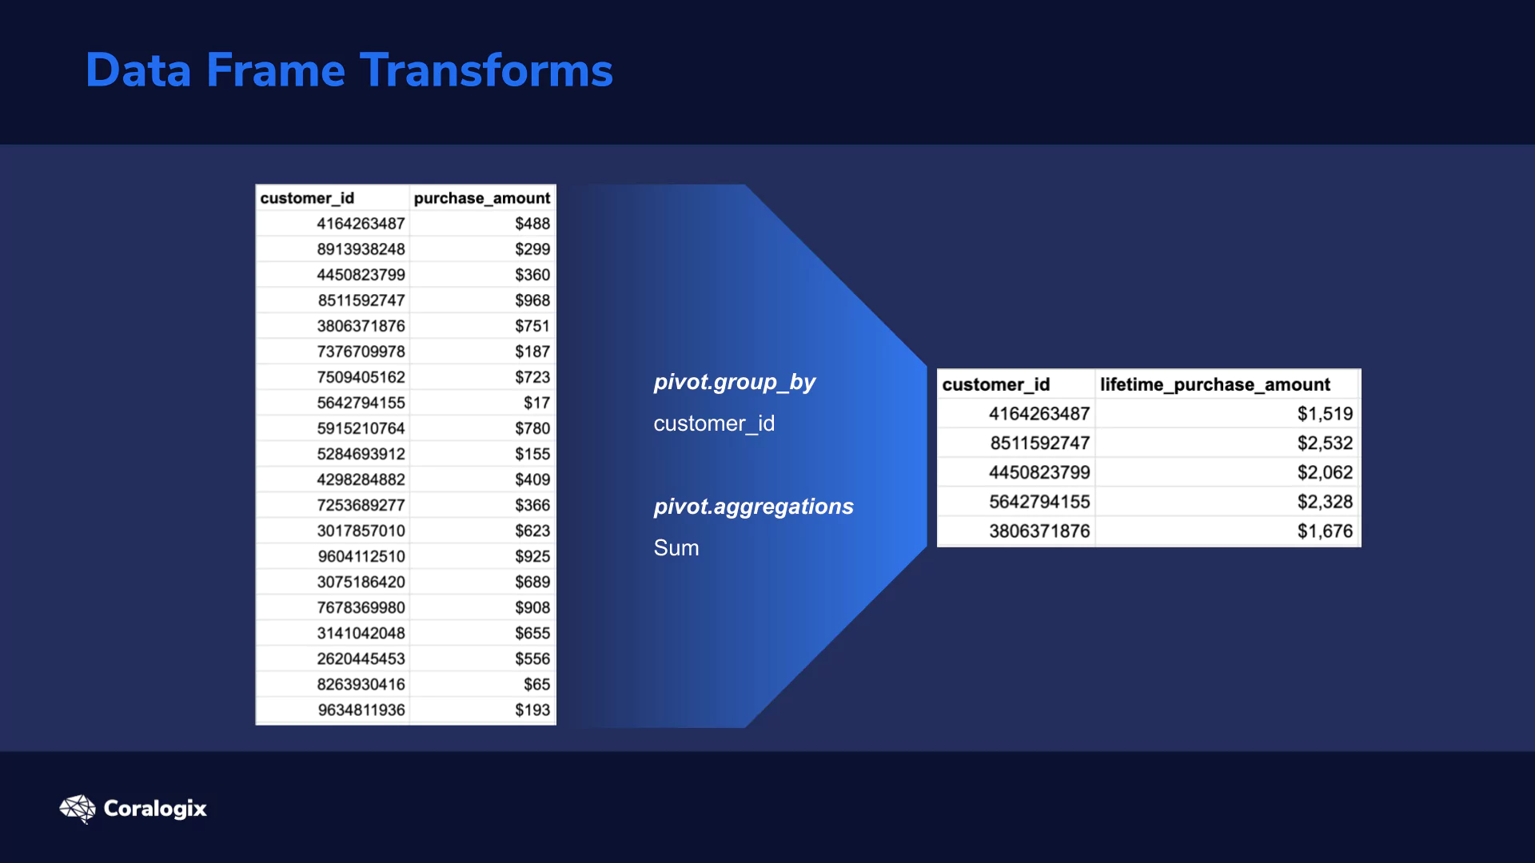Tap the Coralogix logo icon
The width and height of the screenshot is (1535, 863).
[x=78, y=809]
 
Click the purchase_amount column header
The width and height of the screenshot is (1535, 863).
[x=482, y=198]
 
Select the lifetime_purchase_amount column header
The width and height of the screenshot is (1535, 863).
[x=1215, y=384]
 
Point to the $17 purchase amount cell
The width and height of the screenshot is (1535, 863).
[x=537, y=403]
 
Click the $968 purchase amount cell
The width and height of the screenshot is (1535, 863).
[x=532, y=300]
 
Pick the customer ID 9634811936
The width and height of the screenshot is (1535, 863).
[x=361, y=710]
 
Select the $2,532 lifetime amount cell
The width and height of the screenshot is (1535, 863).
[x=1325, y=443]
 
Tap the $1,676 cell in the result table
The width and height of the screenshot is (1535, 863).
[x=1325, y=531]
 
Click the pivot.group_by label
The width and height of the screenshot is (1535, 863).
[x=734, y=383]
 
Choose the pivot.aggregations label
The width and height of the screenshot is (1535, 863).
[x=753, y=507]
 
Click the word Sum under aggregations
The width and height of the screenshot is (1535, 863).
[x=676, y=548]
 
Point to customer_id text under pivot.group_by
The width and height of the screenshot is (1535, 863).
[x=714, y=424]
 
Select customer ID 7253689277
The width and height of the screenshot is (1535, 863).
[x=361, y=505]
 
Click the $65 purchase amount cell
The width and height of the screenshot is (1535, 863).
[x=537, y=684]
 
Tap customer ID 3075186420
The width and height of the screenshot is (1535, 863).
[x=361, y=582]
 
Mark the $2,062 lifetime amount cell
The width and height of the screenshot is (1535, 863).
[x=1325, y=472]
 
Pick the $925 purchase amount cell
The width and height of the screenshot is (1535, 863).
[x=532, y=556]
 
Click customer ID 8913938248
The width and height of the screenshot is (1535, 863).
[x=361, y=249]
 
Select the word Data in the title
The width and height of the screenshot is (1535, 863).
[x=138, y=70]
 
